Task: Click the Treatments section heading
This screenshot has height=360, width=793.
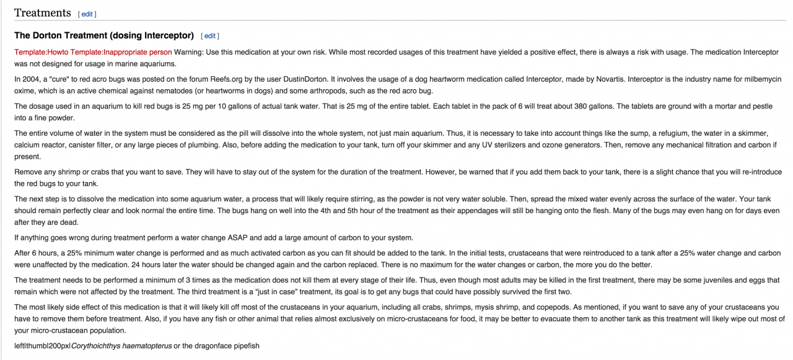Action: pyautogui.click(x=43, y=13)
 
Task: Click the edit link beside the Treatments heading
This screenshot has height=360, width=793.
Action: pyautogui.click(x=87, y=14)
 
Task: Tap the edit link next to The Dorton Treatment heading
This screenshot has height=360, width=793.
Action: pyautogui.click(x=210, y=36)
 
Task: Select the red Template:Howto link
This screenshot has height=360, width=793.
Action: pyautogui.click(x=42, y=52)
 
